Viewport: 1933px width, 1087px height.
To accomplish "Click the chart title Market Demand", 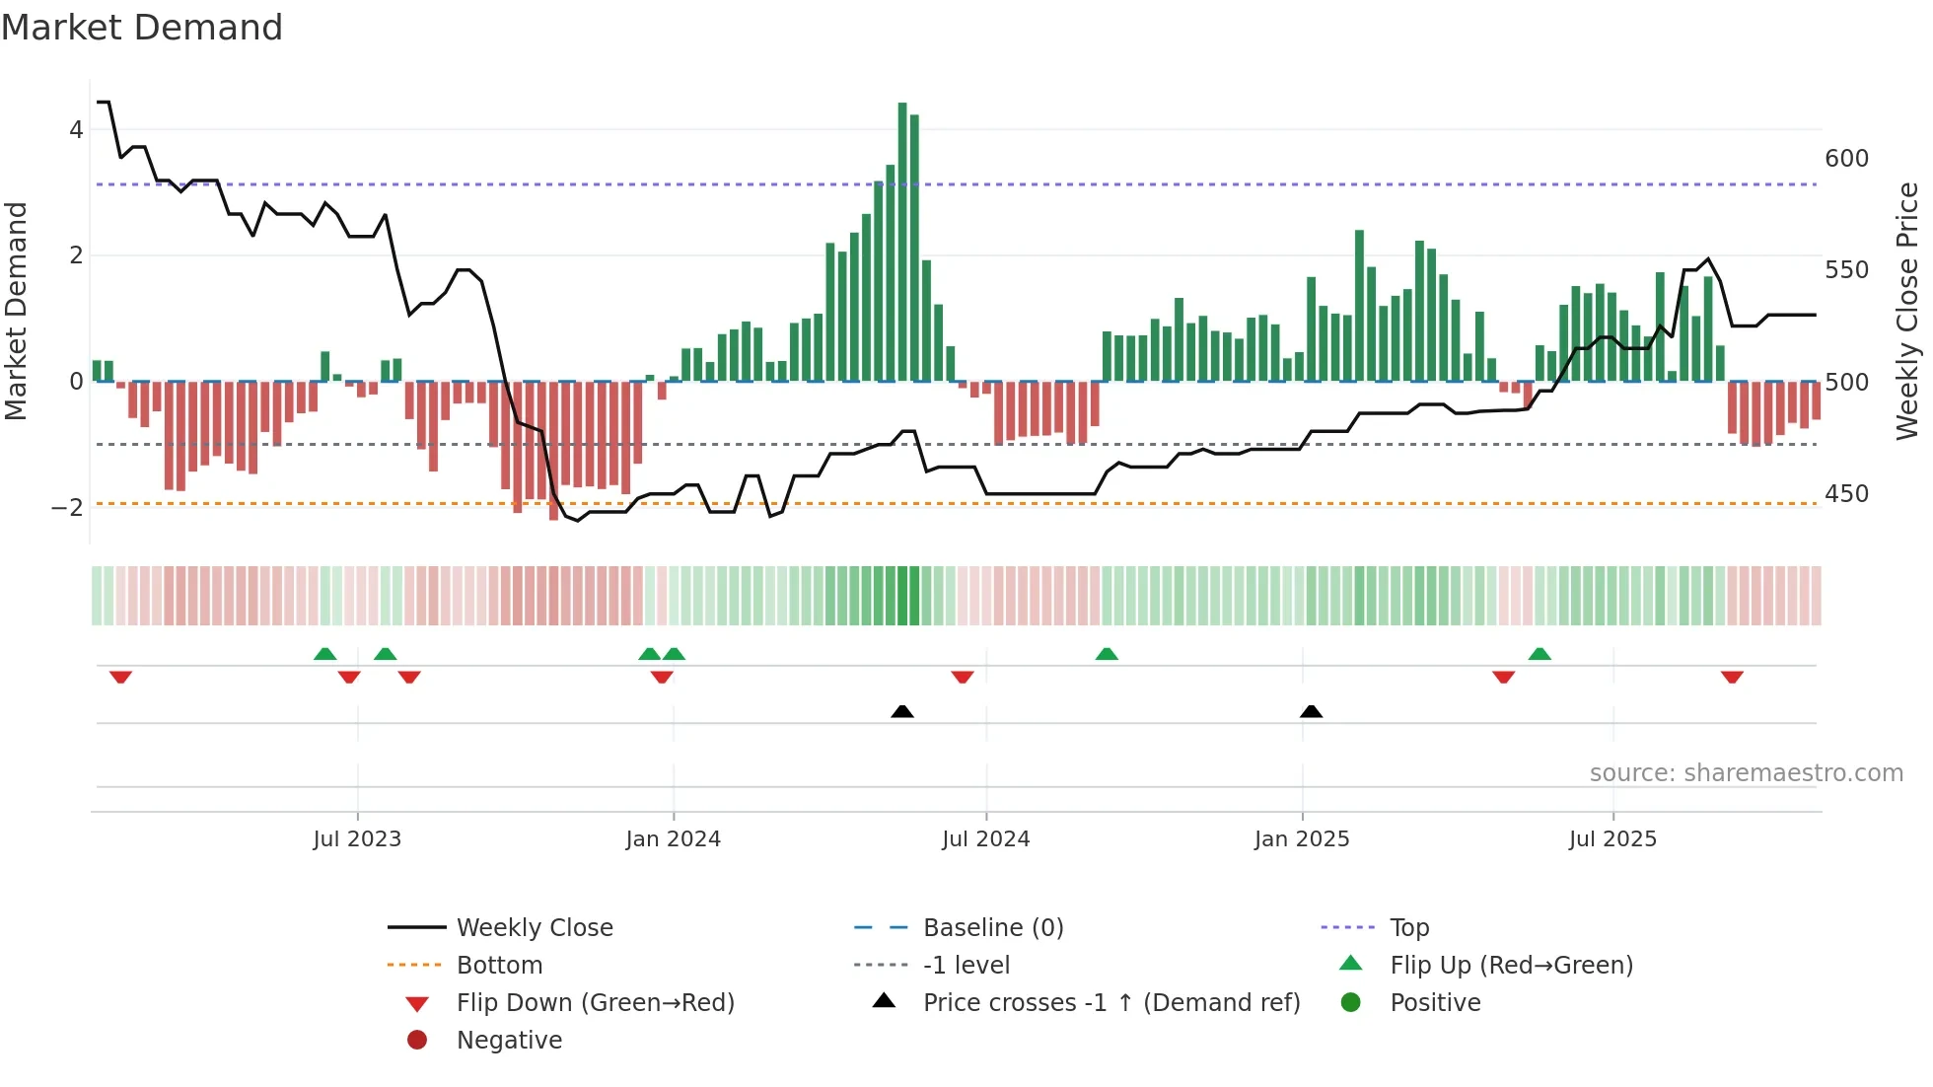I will click(142, 28).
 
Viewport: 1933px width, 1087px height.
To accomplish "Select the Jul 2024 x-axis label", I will click(985, 839).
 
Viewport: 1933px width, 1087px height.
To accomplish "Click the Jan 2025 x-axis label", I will click(1302, 839).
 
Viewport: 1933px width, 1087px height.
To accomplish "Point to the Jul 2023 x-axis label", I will click(357, 839).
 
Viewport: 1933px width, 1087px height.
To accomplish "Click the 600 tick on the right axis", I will click(1846, 159).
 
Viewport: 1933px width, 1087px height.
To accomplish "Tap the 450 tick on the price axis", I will click(1846, 494).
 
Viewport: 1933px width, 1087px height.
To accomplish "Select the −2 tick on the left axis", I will click(68, 508).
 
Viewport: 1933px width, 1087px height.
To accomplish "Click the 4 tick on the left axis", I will click(76, 130).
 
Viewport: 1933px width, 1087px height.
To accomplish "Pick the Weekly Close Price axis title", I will click(1907, 311).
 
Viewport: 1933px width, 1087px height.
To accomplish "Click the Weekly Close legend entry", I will click(534, 928).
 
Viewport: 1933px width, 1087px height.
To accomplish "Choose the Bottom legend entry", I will click(499, 966).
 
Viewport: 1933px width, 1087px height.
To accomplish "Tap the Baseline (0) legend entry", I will click(992, 928).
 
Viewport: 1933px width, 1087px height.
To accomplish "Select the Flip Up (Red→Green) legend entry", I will click(1511, 966).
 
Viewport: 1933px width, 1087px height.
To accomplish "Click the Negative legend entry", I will click(509, 1041).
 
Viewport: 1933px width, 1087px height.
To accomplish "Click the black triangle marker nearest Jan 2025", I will click(1311, 712).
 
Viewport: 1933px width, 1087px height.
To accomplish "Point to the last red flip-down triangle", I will click(1732, 677).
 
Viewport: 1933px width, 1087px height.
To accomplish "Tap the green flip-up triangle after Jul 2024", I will click(1107, 654).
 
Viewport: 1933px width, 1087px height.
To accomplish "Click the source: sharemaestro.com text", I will click(1746, 773).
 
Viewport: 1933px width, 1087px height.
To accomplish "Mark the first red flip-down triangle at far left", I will click(120, 677).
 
